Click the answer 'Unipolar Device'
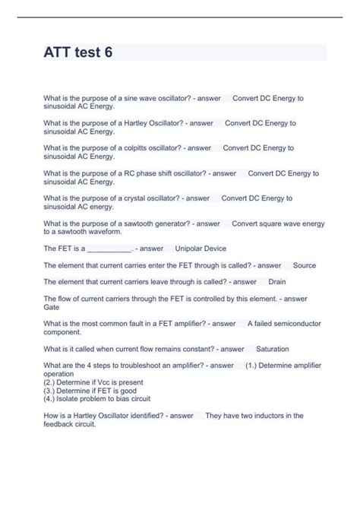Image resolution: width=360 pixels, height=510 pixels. point(201,249)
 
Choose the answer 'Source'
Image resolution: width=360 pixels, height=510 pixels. point(305,265)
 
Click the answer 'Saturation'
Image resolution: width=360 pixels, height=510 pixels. point(273,349)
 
